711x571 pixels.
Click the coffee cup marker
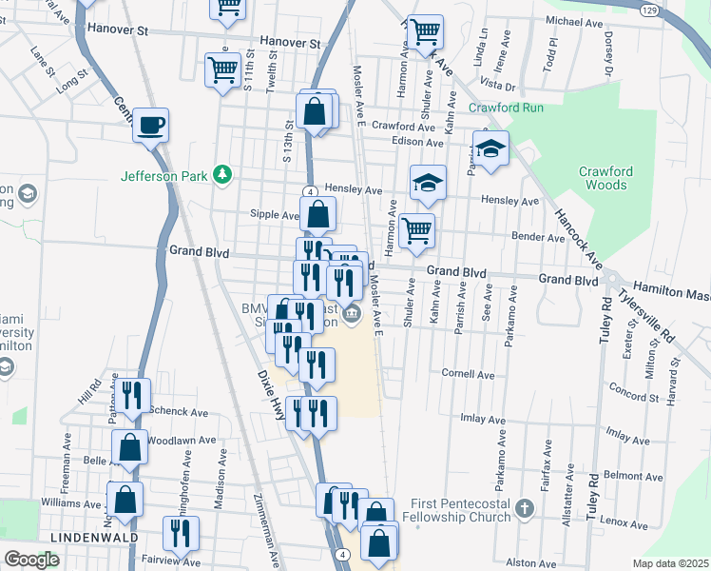click(151, 125)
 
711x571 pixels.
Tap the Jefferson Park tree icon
click(221, 174)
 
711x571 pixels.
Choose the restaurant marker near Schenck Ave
click(131, 392)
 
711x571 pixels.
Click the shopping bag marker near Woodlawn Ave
click(128, 446)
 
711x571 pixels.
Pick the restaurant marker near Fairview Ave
click(179, 534)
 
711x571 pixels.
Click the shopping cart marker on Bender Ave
click(416, 230)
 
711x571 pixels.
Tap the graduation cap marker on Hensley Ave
click(428, 182)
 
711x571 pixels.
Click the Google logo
click(31, 559)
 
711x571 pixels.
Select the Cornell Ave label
click(468, 374)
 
